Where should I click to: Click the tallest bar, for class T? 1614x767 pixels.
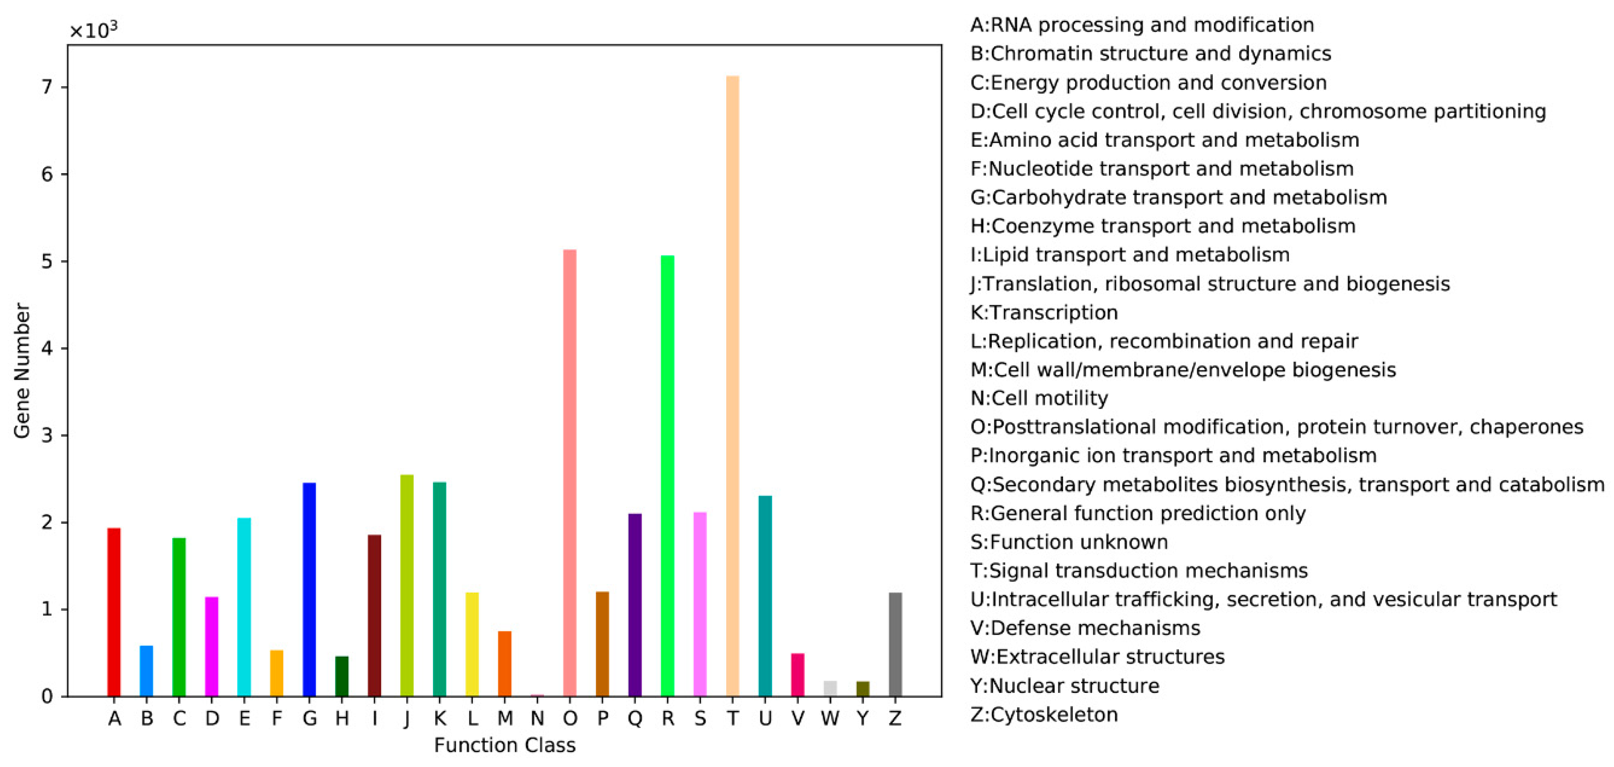tap(732, 386)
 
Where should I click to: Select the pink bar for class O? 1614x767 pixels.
tap(569, 473)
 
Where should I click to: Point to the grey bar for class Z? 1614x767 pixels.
tap(895, 644)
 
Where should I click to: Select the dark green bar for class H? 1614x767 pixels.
tap(341, 676)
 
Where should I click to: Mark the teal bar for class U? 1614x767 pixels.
tap(765, 596)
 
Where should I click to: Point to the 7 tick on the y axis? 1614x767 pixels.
tap(47, 87)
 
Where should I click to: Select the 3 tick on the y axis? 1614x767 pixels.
tap(47, 435)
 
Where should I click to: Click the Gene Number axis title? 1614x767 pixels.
tap(22, 371)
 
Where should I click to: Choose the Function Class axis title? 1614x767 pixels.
tap(504, 746)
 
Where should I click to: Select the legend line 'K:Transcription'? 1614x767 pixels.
tap(1044, 312)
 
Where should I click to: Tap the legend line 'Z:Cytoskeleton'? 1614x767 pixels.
tap(1044, 714)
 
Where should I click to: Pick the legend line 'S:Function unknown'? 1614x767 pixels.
tap(1069, 542)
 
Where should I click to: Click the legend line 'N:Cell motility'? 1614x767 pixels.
tap(1039, 398)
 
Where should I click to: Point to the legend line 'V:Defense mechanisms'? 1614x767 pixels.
tap(1085, 628)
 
